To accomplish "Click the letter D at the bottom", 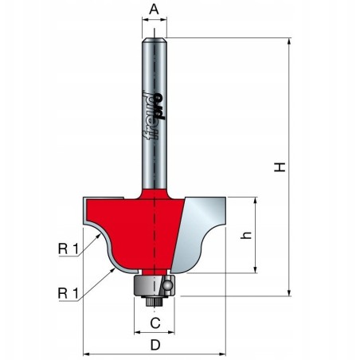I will pos(155,346).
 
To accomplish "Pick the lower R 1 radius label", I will pos(68,293).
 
